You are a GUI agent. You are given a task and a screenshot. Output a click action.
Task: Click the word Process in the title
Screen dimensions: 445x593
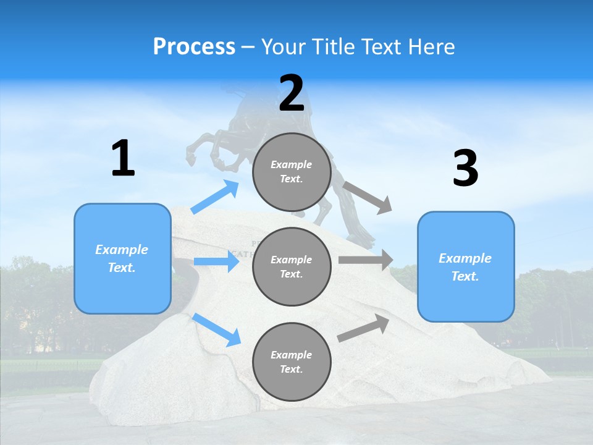tap(194, 46)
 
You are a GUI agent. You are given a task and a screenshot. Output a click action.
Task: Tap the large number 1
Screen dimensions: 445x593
tap(123, 159)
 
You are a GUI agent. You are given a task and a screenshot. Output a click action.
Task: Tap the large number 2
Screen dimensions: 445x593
tap(292, 93)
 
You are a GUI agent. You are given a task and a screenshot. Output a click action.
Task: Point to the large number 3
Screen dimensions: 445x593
tap(465, 169)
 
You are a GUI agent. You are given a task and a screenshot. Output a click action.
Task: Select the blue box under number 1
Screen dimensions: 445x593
tap(122, 258)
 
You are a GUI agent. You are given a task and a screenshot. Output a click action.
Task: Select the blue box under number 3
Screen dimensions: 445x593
tap(466, 266)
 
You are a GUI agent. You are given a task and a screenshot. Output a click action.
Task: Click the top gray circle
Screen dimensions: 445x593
tap(292, 172)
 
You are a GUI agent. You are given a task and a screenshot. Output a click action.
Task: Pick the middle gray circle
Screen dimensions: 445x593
tap(292, 266)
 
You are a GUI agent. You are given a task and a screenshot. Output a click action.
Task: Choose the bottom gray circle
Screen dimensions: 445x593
tap(292, 362)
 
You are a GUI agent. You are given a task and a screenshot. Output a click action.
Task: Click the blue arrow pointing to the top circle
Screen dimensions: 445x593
tap(216, 197)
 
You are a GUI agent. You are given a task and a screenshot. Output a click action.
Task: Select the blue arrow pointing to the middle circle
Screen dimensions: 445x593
tap(216, 262)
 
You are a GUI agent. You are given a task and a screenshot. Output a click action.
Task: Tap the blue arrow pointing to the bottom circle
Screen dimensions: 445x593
tap(217, 329)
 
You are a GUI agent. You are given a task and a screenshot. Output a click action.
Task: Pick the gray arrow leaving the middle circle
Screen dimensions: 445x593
tap(365, 260)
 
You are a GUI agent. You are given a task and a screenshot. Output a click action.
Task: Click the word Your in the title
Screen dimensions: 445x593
tap(283, 46)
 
